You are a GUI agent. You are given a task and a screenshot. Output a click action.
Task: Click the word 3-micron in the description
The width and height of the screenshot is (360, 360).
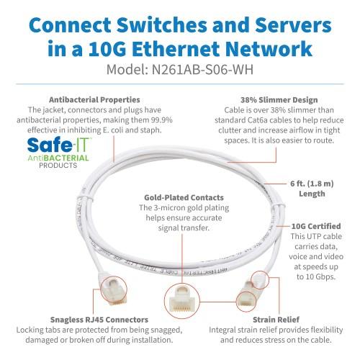(x=171, y=207)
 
